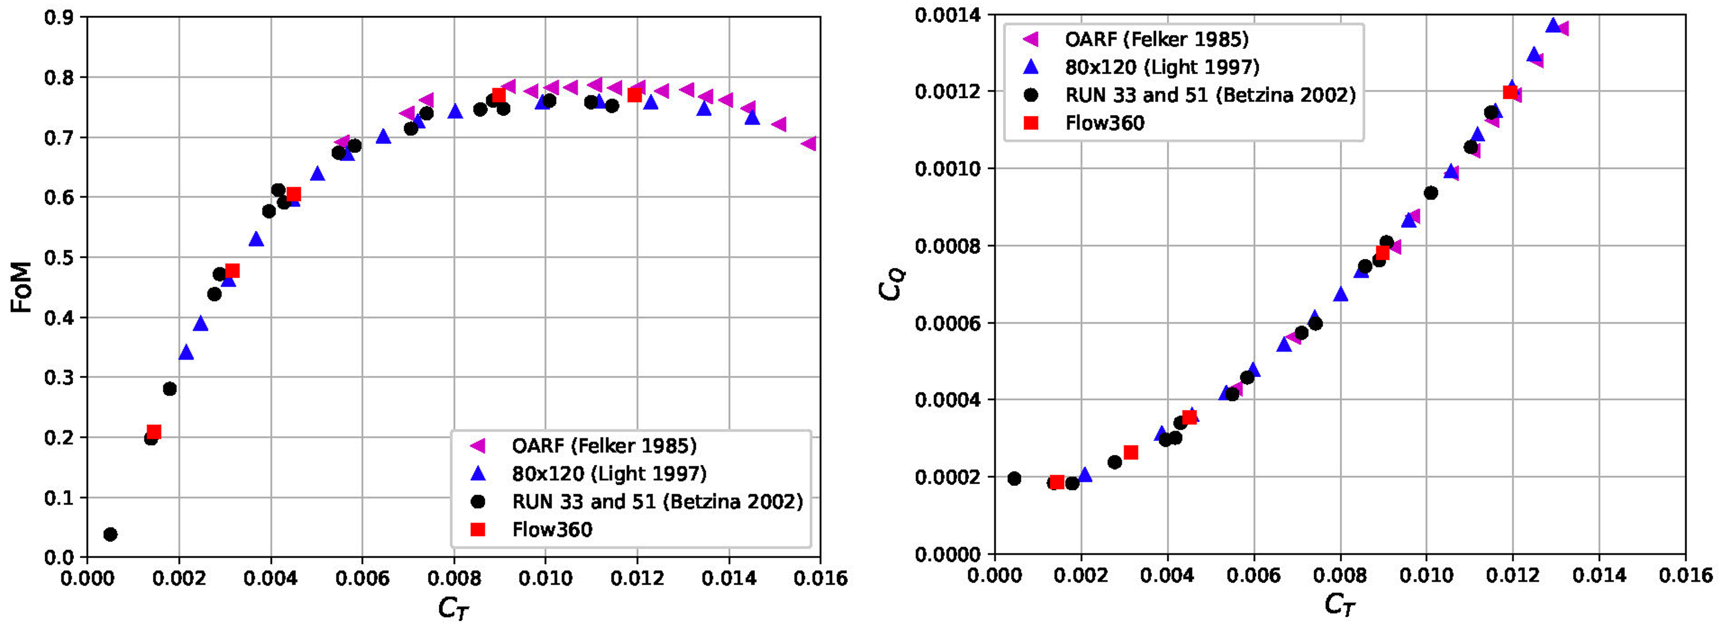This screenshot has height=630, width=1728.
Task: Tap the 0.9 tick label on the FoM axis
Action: (59, 17)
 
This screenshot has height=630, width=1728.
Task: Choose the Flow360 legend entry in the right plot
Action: (1104, 123)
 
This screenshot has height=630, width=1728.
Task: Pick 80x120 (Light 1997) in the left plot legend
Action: (608, 474)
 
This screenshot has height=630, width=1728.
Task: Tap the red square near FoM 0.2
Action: (154, 431)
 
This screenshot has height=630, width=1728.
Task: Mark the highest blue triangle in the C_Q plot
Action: (1553, 25)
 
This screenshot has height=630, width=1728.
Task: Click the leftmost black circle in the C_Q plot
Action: (1014, 479)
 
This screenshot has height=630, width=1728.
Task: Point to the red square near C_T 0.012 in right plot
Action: (1511, 92)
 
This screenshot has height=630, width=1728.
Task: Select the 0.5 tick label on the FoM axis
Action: (59, 258)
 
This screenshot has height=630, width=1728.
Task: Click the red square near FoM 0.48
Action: (232, 270)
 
